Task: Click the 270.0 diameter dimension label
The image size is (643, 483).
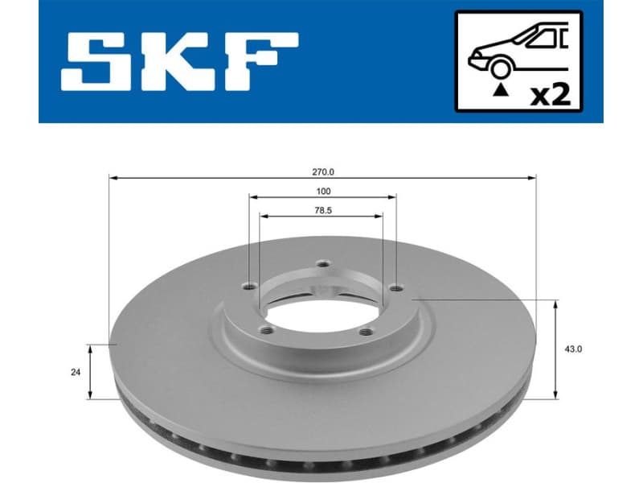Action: coord(322,171)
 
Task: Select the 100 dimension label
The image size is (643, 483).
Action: coord(322,192)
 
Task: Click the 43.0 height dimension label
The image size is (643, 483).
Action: coord(573,349)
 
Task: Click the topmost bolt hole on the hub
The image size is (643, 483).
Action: coord(323,264)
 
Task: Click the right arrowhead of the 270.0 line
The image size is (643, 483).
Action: coord(533,176)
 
